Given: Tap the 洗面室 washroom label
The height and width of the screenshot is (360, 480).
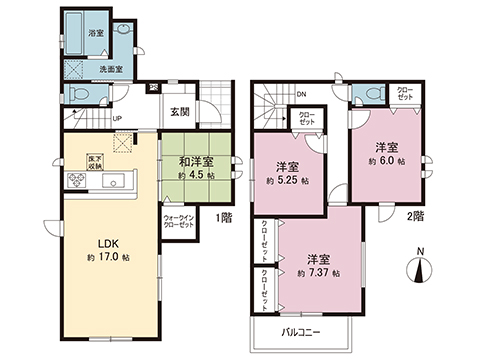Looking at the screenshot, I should [x=111, y=69].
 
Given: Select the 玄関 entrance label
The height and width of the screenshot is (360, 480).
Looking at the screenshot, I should [x=181, y=111].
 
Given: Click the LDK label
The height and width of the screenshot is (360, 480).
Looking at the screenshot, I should [x=107, y=242].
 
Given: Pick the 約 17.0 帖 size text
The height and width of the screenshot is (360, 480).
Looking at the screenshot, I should [x=107, y=258].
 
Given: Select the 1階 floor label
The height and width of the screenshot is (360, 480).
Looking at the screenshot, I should [x=227, y=217].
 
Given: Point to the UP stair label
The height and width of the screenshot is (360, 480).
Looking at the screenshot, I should [x=118, y=119].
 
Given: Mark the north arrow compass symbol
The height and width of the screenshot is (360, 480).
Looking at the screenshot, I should [x=419, y=268].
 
